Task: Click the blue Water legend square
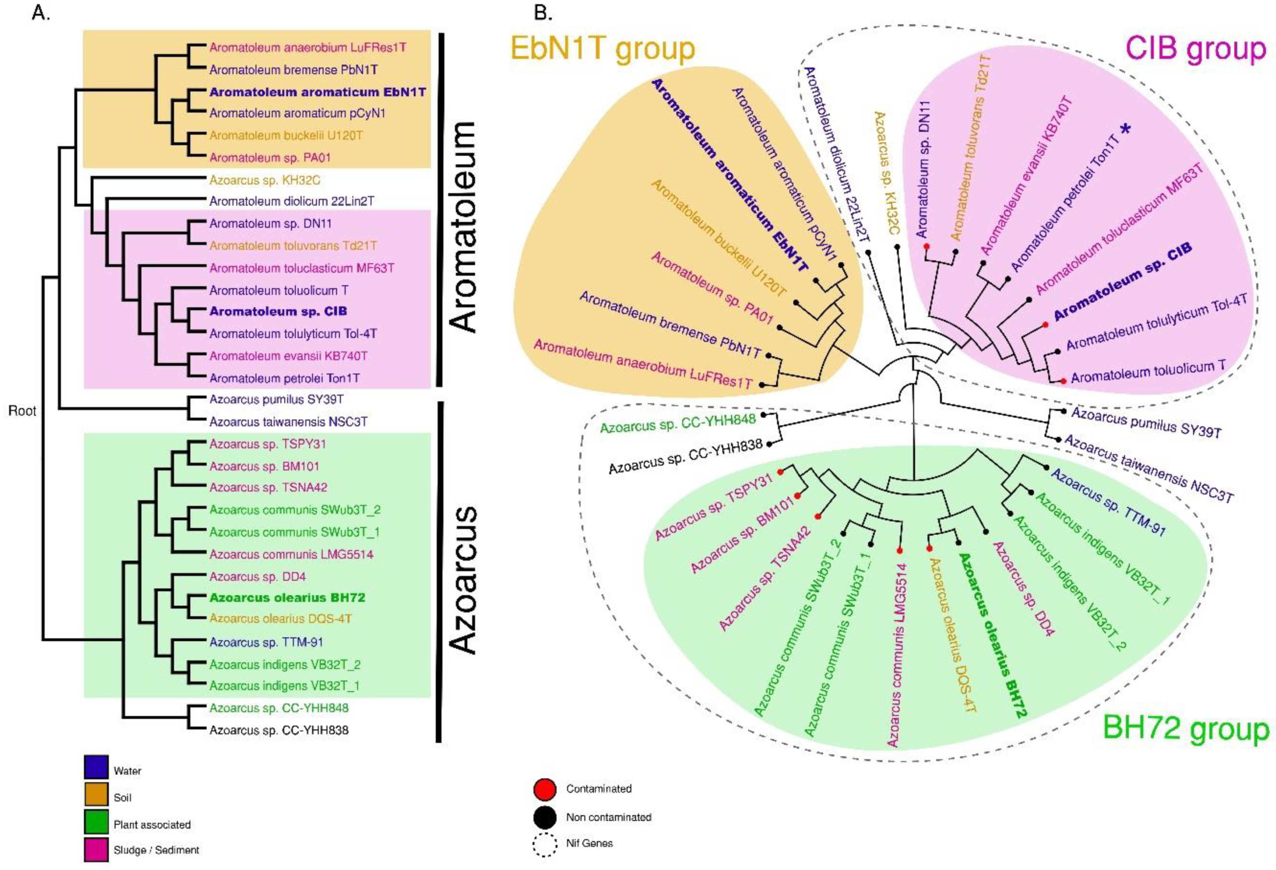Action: click(x=96, y=767)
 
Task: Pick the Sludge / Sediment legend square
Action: click(x=96, y=849)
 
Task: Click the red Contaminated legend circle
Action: click(x=545, y=789)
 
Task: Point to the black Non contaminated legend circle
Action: click(x=545, y=817)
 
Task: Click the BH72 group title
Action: click(x=1186, y=730)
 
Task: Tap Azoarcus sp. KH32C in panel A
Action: click(x=265, y=180)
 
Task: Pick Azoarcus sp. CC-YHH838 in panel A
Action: click(x=279, y=730)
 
